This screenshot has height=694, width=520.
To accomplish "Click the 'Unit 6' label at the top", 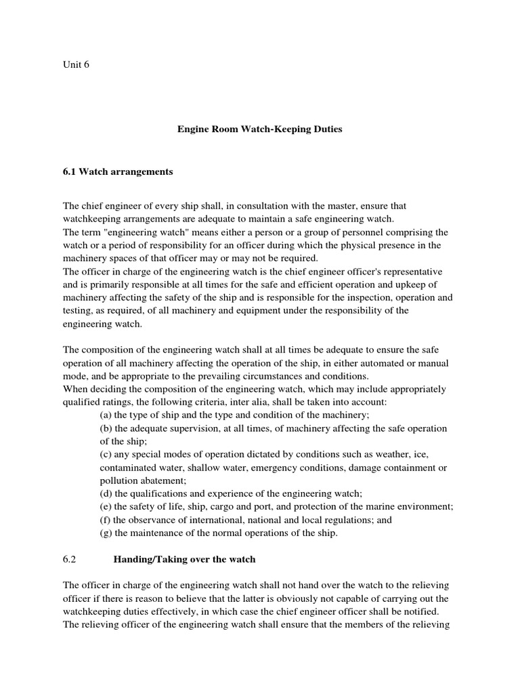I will point(76,65).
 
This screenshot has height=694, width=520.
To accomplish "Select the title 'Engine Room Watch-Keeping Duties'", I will point(259,128).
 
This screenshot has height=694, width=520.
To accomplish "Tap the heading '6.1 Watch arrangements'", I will point(118,172).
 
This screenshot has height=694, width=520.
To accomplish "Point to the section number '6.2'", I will point(71,560).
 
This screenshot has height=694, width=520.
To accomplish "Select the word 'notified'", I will point(421,611).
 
